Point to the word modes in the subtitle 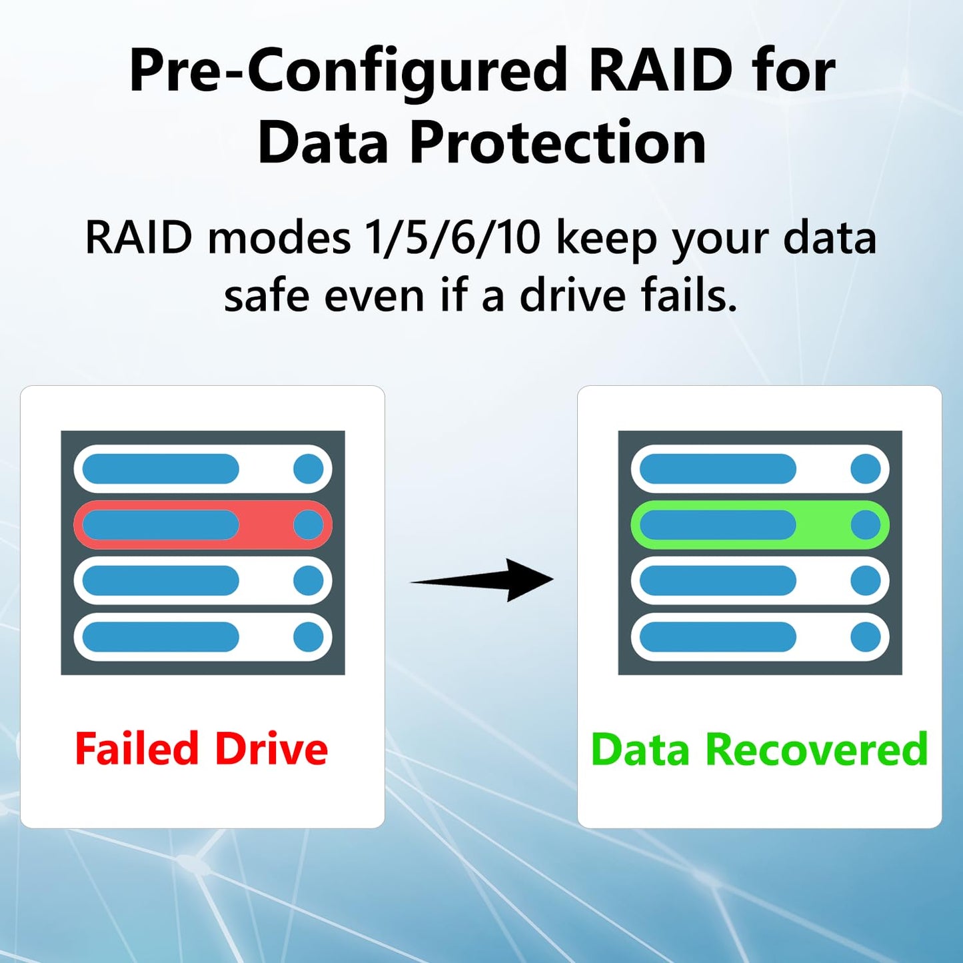point(279,239)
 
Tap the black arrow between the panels point(482,580)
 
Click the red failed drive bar point(203,524)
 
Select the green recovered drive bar point(760,524)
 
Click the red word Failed point(137,748)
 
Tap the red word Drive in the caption point(272,748)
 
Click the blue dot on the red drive point(309,524)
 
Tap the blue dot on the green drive point(866,524)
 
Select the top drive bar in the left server point(203,469)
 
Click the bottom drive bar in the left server point(203,637)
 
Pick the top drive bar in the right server point(760,469)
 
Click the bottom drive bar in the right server point(760,637)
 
